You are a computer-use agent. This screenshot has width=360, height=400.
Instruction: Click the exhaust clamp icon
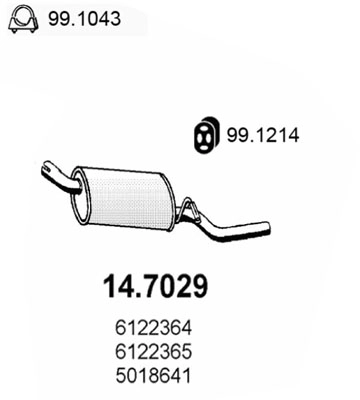tap(25, 18)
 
